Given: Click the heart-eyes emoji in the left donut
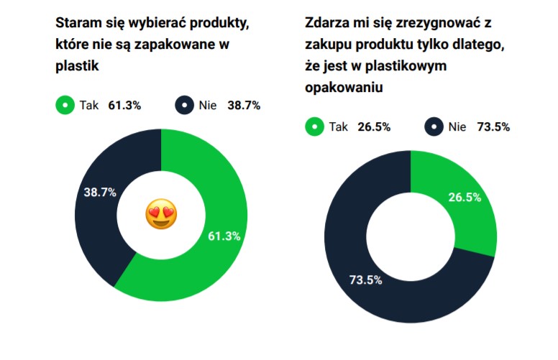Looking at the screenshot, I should click(161, 214).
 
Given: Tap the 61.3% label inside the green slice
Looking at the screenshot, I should click(224, 235).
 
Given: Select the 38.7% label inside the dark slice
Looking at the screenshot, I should click(99, 193).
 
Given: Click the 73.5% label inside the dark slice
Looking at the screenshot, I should click(367, 280).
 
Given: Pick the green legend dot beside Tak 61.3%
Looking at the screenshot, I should click(65, 106).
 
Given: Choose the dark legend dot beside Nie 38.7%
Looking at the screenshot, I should click(185, 106).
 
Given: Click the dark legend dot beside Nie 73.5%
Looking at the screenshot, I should click(434, 127).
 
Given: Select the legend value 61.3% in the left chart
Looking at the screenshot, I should click(124, 106).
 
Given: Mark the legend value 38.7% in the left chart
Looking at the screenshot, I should click(244, 106).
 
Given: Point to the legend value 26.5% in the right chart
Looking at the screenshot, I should click(374, 127).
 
